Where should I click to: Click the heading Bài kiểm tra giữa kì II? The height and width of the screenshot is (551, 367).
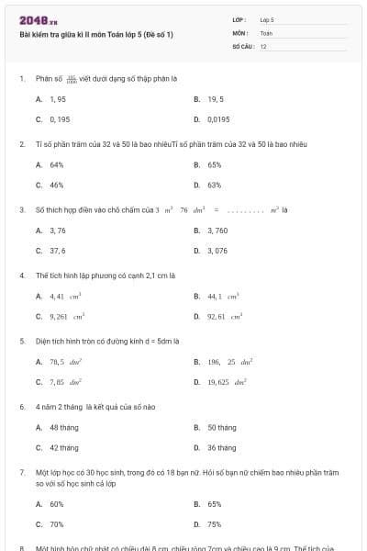click(x=95, y=34)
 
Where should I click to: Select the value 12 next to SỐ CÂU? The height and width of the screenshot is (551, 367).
click(x=263, y=45)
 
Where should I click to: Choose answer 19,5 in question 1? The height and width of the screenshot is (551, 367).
click(x=216, y=98)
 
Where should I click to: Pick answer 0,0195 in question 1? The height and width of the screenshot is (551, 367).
click(x=218, y=118)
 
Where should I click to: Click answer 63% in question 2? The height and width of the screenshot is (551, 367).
click(x=215, y=185)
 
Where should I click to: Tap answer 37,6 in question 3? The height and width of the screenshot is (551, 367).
click(x=58, y=250)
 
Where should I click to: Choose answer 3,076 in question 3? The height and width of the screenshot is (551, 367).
click(x=217, y=250)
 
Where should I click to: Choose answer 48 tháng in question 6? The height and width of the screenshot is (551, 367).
click(x=64, y=427)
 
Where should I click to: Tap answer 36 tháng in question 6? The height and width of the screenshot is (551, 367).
click(x=221, y=447)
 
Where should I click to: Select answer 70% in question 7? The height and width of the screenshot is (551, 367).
click(x=57, y=524)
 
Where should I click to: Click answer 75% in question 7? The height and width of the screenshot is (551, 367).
click(x=215, y=524)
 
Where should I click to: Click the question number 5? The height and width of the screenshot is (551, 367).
click(x=21, y=341)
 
